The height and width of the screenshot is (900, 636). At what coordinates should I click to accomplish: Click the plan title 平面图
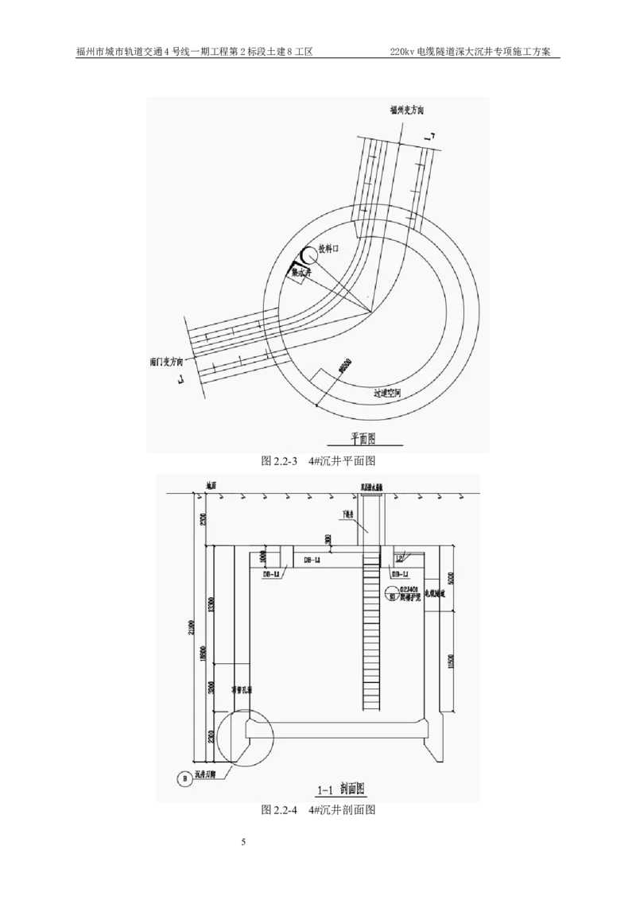(365, 437)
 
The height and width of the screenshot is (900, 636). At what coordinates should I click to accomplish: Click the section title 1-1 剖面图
(340, 789)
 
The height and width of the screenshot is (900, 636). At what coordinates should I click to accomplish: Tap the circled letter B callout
(185, 780)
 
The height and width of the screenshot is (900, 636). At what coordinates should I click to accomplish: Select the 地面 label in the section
(211, 485)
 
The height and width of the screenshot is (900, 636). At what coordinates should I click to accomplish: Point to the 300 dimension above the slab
(328, 538)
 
